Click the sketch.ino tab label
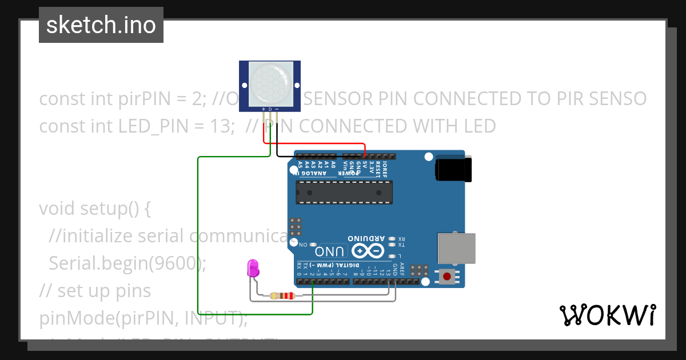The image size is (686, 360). [101, 25]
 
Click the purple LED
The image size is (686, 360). [253, 268]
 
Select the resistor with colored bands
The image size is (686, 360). [282, 295]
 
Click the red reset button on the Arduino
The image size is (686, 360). [446, 277]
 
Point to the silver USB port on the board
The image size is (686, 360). [456, 248]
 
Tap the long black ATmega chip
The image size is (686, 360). [344, 192]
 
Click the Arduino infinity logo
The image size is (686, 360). [367, 250]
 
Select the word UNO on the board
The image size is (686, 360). [330, 251]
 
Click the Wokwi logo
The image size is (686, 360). [607, 315]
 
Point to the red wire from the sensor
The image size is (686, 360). [314, 143]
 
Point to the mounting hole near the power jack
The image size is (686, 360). [428, 157]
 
